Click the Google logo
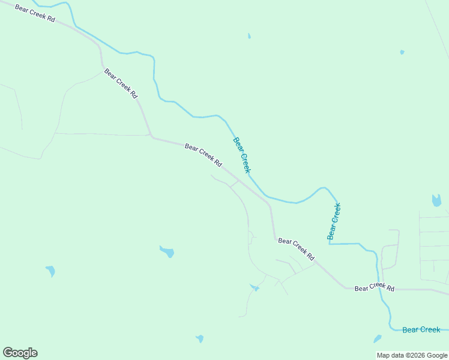pos(20,353)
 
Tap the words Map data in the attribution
pos(391,355)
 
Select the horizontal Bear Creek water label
pos(421,329)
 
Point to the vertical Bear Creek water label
pos(334,221)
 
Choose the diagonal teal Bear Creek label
pos(241,155)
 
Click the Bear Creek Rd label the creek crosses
pos(374,288)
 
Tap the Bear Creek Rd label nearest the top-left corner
pos(35,14)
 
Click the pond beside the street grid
pos(436,200)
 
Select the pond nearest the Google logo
pos(50,271)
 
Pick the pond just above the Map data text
pos(377,339)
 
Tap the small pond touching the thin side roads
pos(255,288)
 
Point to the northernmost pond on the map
pos(249,36)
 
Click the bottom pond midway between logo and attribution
pos(199,338)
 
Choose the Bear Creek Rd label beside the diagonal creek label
pos(203,155)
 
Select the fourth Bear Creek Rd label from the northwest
pos(296,249)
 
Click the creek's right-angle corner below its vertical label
pos(329,244)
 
